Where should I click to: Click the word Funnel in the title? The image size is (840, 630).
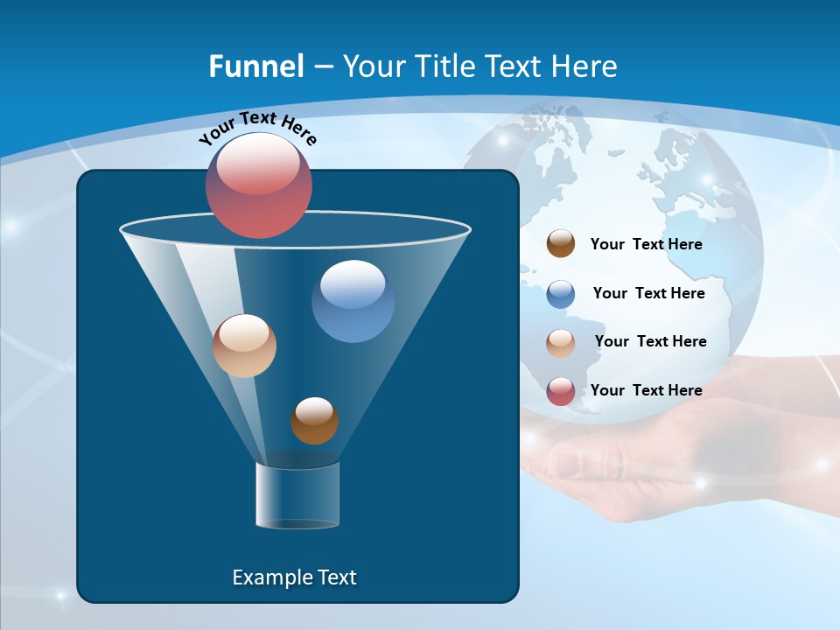tap(255, 66)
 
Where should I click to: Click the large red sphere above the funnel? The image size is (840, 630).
tap(259, 185)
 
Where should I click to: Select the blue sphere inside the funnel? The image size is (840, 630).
tap(353, 301)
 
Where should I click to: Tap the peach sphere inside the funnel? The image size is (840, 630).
tap(244, 346)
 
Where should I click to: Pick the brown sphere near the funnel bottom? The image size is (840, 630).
tap(314, 421)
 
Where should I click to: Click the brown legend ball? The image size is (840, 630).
tap(561, 244)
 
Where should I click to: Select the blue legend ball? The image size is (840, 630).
tap(561, 294)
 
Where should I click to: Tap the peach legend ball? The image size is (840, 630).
tap(561, 342)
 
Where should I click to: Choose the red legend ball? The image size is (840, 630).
tap(561, 391)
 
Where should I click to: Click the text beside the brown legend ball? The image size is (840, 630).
tap(646, 244)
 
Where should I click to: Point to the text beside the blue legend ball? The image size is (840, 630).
tap(648, 293)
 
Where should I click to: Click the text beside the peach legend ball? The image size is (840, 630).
tap(650, 341)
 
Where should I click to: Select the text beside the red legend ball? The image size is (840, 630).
tap(646, 390)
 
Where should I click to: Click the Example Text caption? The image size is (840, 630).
tap(295, 577)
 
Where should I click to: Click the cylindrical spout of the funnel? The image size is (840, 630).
tap(297, 495)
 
